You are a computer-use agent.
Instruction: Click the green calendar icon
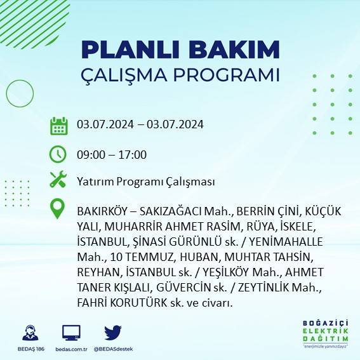click(x=58, y=125)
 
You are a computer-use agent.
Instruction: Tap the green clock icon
click(x=58, y=154)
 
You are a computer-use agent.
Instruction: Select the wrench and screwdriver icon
click(x=58, y=180)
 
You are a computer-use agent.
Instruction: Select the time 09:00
click(x=91, y=154)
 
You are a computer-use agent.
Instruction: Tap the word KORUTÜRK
click(x=134, y=302)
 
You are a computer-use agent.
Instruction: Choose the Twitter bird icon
click(x=113, y=332)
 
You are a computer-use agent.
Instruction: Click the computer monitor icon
click(x=71, y=332)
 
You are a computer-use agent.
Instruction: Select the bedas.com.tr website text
click(x=70, y=349)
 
